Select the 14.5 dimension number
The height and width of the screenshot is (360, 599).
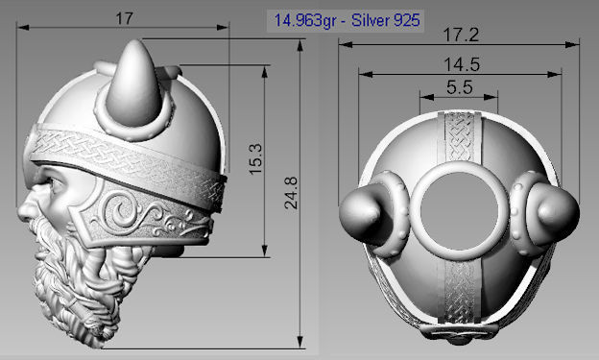[460, 64]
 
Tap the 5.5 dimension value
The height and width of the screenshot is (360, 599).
[459, 86]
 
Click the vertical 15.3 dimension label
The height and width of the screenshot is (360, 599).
[254, 159]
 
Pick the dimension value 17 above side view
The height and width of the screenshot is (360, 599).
[122, 18]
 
